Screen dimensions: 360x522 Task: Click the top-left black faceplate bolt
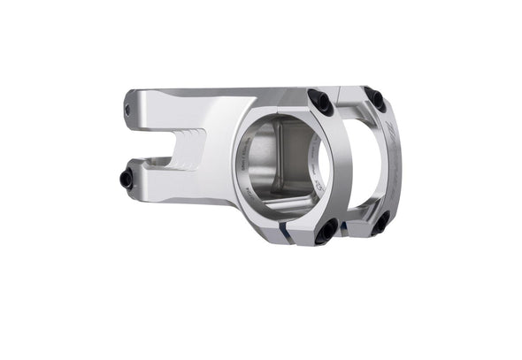[x=322, y=103]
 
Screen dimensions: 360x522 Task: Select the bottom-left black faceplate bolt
[x=326, y=233]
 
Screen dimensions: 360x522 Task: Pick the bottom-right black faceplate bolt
[x=380, y=224]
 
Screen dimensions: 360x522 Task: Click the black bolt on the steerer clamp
[x=127, y=180]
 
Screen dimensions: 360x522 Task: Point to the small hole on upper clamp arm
[x=126, y=110]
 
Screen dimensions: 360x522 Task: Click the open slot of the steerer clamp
[x=168, y=144]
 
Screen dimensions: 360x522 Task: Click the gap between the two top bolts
[x=349, y=96]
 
